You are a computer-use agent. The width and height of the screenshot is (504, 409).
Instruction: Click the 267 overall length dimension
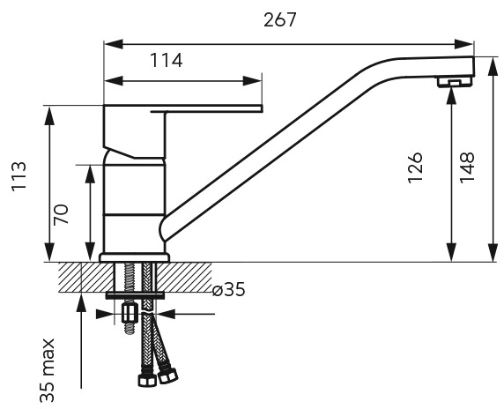tap(279, 20)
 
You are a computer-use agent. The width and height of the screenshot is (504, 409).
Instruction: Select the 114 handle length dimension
tap(167, 60)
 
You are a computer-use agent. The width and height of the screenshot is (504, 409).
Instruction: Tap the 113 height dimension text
tap(19, 176)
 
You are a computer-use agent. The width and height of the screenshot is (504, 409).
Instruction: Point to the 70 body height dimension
tap(61, 214)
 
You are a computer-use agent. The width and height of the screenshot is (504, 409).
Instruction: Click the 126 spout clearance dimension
tap(415, 167)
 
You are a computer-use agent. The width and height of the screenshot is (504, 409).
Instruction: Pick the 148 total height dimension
tap(467, 167)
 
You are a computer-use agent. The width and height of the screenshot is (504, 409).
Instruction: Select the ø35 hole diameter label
tap(228, 289)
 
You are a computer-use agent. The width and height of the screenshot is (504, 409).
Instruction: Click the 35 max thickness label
tap(48, 370)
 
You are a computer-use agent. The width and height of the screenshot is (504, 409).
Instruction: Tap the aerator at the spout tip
tap(454, 82)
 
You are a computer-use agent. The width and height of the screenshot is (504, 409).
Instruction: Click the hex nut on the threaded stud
tap(130, 313)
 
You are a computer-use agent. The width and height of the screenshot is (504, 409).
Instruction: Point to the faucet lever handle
tap(182, 108)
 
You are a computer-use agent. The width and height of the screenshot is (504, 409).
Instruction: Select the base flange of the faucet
tap(134, 257)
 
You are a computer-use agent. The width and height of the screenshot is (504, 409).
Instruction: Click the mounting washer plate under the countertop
tap(135, 295)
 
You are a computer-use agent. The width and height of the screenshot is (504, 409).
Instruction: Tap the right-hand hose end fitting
tap(167, 375)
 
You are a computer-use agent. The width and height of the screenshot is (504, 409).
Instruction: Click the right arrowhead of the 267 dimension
tap(463, 44)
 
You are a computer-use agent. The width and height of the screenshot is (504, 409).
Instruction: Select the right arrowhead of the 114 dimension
tap(252, 81)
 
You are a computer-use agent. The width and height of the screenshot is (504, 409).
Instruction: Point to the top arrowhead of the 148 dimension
tap(493, 67)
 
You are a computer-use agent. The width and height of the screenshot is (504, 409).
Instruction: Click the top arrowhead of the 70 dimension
tap(91, 175)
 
